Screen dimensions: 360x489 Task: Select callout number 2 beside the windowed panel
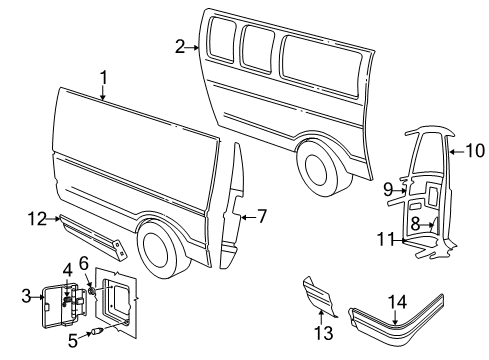180,46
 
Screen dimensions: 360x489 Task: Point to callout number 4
68,269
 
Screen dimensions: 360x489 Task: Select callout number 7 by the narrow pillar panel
262,214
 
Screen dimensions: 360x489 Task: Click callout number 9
387,187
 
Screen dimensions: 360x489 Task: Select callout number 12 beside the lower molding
36,217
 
